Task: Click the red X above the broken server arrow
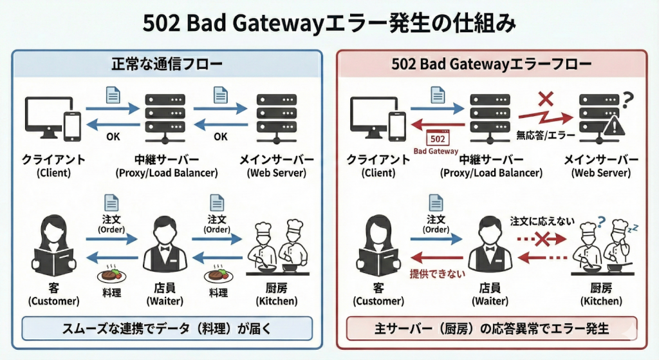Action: pos(545,99)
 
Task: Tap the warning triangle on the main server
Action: pos(617,127)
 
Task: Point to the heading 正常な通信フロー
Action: pos(167,64)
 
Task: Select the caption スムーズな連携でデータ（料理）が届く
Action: pos(167,328)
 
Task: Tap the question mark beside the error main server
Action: pos(629,99)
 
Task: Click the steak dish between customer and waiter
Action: pos(111,276)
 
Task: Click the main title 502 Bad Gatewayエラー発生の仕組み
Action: pos(328,24)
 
